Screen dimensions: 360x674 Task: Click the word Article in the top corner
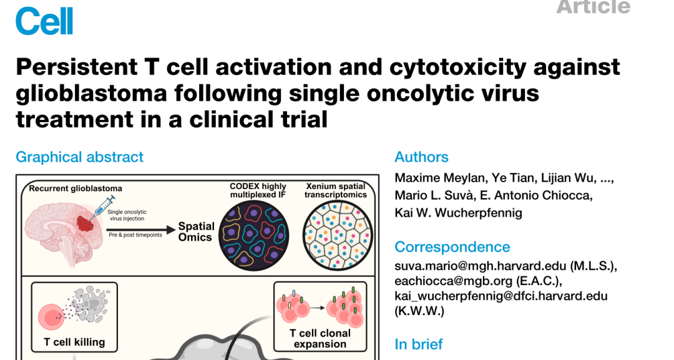point(593,7)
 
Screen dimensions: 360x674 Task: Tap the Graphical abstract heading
point(79,157)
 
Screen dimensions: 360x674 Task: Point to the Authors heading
point(421,157)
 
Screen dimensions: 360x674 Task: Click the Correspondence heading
point(452,246)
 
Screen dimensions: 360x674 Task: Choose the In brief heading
point(419,344)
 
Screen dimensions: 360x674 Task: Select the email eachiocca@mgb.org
point(447,281)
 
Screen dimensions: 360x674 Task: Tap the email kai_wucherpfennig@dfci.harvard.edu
point(501,296)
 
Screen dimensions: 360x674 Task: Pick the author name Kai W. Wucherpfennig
point(459,213)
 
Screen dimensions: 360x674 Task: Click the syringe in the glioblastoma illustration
point(102,206)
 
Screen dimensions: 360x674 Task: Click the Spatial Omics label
point(196,231)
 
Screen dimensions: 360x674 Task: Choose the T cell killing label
point(74,342)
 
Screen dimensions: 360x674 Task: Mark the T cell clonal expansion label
point(320,338)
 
